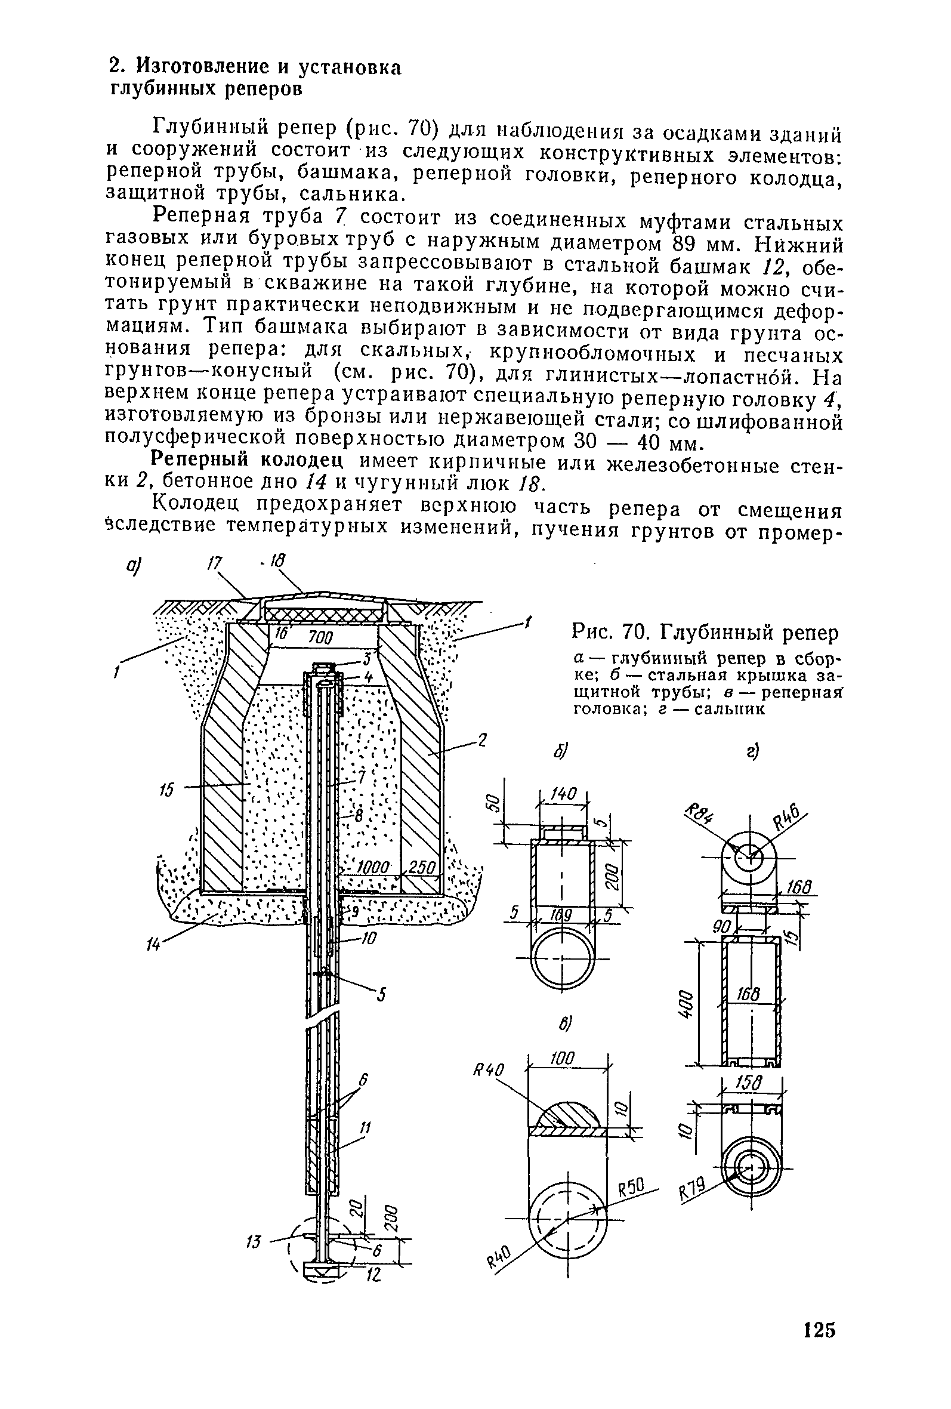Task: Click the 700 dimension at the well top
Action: (x=322, y=637)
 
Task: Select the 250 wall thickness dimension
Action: (x=420, y=867)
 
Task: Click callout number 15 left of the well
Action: (x=167, y=790)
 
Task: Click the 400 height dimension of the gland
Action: (x=685, y=1005)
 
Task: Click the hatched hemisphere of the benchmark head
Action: (x=566, y=1112)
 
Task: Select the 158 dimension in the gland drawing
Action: (x=752, y=1083)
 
